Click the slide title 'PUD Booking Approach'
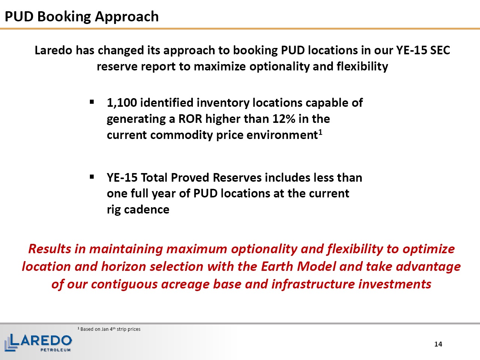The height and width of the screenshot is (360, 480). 82,17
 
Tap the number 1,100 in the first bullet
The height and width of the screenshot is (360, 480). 122,103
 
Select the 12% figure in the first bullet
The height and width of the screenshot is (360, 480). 284,119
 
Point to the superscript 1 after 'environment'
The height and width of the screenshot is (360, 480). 320,132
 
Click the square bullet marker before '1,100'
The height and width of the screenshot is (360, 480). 92,102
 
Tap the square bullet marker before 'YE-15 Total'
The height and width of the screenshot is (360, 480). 92,176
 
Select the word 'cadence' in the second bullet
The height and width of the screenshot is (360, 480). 147,209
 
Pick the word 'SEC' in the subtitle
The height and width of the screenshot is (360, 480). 440,50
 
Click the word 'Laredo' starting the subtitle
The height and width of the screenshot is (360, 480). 54,50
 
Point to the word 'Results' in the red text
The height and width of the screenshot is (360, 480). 50,249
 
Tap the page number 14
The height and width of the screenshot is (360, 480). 438,344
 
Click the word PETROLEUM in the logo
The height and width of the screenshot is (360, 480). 55,350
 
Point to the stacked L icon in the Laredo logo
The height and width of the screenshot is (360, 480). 11,343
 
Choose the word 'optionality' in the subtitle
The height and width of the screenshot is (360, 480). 279,67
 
